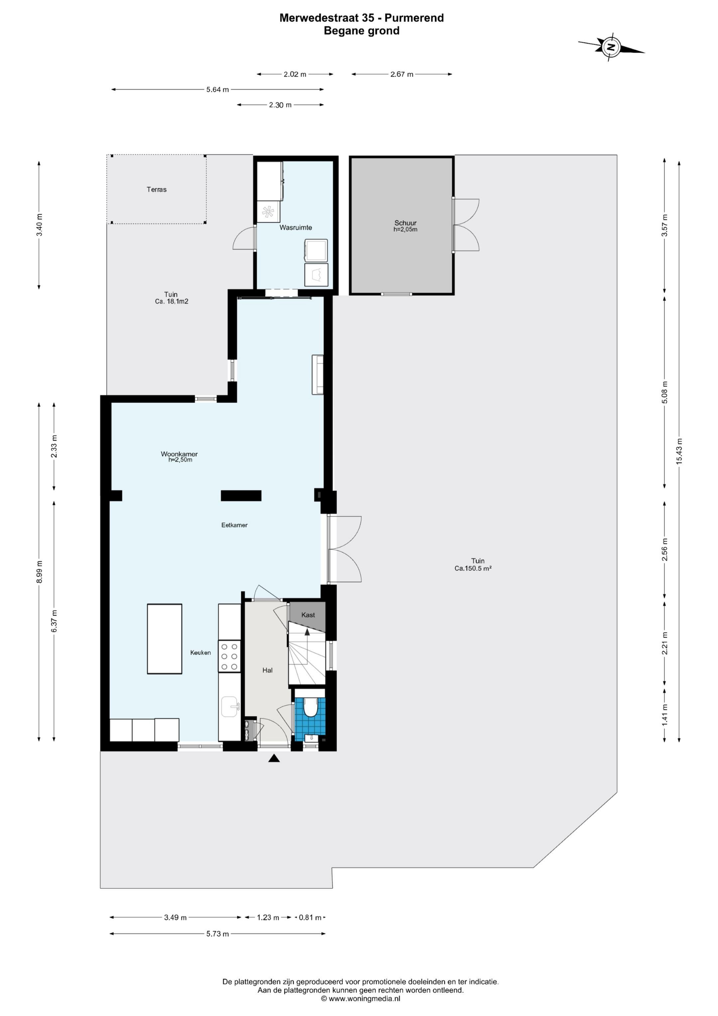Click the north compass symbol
tap(611, 47)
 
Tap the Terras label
tap(157, 189)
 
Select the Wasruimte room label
tap(296, 227)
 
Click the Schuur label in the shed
tap(405, 223)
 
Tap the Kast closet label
tap(308, 615)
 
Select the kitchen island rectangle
tap(165, 639)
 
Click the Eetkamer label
tap(234, 525)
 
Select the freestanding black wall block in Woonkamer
tap(241, 496)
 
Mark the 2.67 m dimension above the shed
tap(402, 74)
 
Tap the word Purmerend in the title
tap(414, 18)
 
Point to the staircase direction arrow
tap(307, 632)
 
